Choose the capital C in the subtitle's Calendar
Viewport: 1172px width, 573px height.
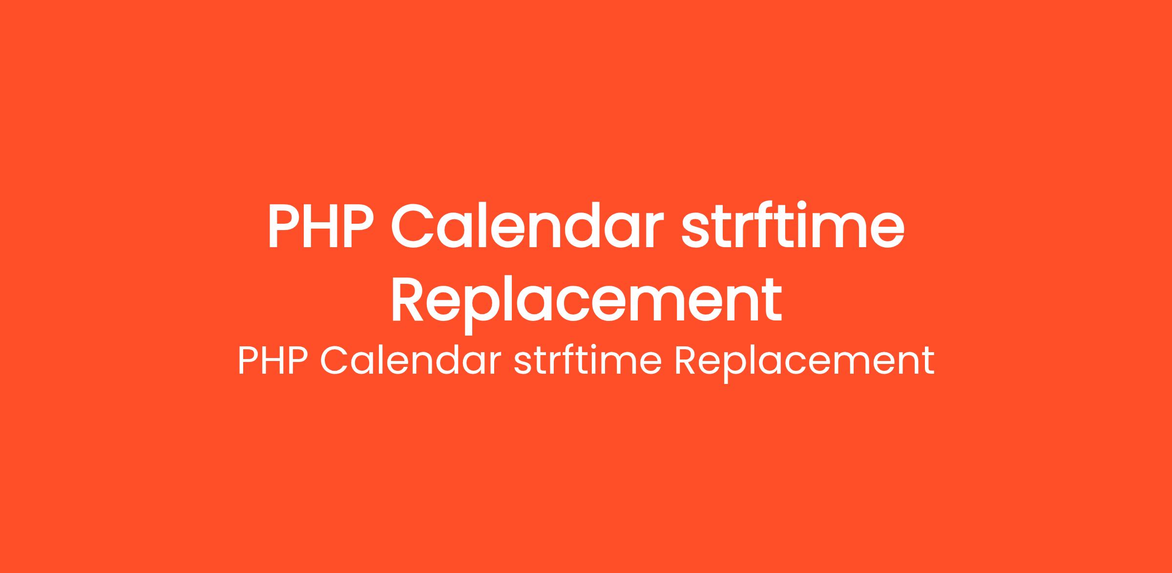pyautogui.click(x=334, y=361)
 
